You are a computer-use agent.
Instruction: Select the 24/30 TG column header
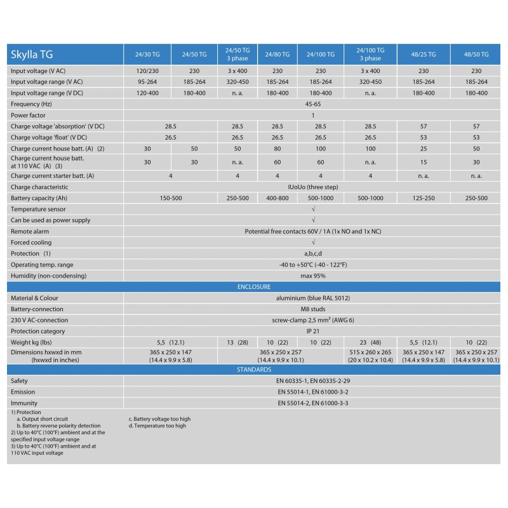(148, 55)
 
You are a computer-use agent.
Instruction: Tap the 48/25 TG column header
(423, 55)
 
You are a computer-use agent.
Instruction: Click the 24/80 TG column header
(277, 55)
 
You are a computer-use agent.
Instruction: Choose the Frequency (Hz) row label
(31, 104)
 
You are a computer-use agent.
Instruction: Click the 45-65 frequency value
(313, 104)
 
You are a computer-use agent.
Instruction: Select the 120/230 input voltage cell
(148, 71)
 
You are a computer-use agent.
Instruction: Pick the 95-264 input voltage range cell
(148, 82)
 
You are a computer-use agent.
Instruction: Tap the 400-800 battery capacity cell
(277, 198)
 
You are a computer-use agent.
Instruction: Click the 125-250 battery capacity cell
(423, 198)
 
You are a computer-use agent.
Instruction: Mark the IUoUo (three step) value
(313, 187)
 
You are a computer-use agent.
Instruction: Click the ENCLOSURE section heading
(254, 287)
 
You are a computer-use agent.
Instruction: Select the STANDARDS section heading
(254, 370)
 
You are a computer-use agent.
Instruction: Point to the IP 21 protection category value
(313, 331)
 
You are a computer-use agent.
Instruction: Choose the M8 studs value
(313, 309)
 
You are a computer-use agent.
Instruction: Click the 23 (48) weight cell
(370, 342)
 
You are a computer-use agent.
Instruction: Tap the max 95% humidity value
(313, 276)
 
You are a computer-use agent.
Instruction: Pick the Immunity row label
(24, 403)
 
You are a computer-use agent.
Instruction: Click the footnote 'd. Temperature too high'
(157, 426)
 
